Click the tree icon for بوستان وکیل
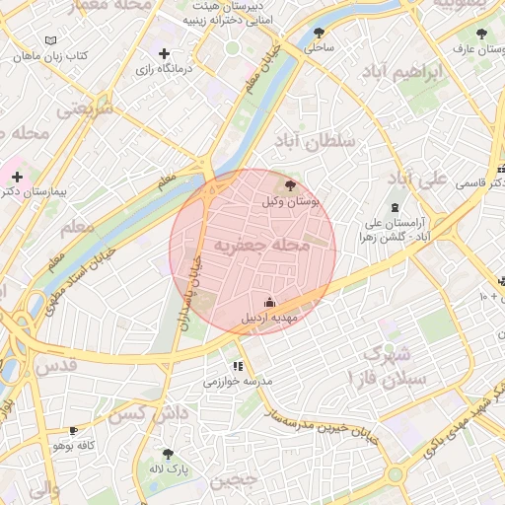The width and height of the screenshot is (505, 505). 289,184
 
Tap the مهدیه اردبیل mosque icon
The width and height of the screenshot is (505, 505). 271,303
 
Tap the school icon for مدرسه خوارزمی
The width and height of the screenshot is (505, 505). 236,366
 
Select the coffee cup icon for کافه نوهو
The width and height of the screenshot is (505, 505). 73,431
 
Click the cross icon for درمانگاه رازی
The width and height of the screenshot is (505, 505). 164,53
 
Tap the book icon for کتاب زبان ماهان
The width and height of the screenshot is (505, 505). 51,41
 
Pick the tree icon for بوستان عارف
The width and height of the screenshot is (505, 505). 480,34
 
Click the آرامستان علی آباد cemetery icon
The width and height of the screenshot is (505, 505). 396,207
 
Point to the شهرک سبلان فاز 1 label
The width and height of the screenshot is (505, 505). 392,366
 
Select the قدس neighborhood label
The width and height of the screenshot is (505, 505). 56,366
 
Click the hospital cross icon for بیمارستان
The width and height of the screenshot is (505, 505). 17,176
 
